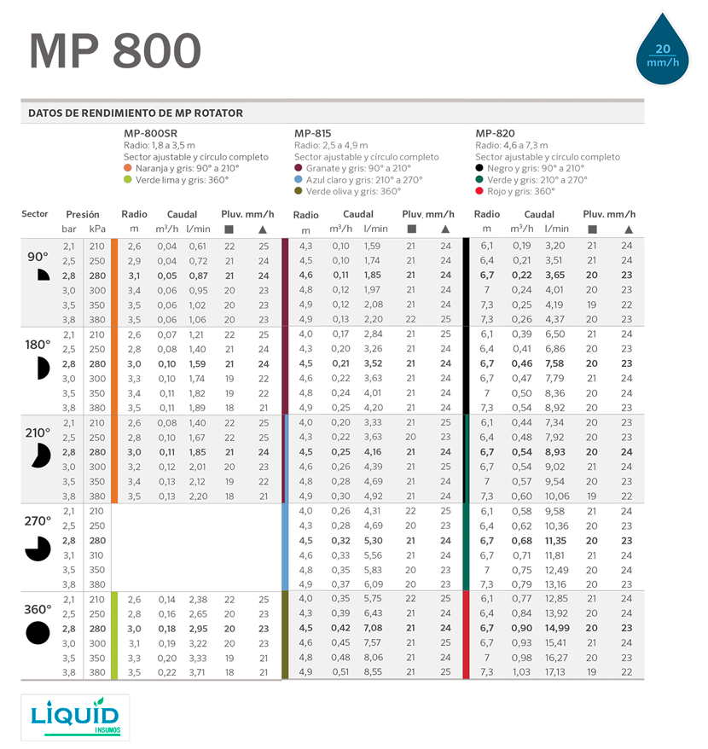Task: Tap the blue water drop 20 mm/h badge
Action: (663, 54)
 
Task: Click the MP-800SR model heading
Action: (150, 134)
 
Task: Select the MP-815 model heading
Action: (313, 134)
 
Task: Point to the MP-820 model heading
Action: (495, 134)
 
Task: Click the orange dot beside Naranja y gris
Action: (127, 169)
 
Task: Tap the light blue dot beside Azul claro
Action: (299, 180)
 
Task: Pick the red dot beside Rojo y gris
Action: (479, 191)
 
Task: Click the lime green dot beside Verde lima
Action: (127, 180)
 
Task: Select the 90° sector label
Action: (38, 257)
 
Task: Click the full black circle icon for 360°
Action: (38, 633)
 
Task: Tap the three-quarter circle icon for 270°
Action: (38, 549)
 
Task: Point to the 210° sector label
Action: (38, 433)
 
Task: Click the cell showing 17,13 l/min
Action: (554, 672)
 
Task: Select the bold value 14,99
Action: (554, 629)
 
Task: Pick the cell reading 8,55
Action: (373, 672)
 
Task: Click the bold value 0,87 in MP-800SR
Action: (198, 276)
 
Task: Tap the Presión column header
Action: (83, 215)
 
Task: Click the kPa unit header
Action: (97, 229)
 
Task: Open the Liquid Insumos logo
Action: (75, 716)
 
